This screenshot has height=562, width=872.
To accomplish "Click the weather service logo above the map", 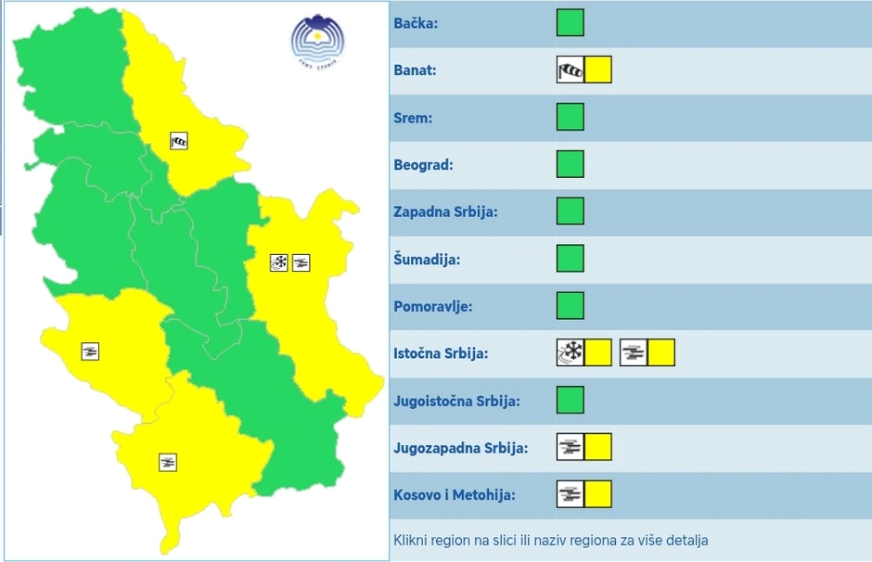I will pos(318,42).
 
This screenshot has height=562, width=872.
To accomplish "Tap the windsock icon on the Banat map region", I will pos(179,141).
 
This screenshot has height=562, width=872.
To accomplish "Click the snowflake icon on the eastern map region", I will pos(278,262).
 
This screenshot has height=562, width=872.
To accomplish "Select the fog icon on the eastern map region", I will pos(301,262).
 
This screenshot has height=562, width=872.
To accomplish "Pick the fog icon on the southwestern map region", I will pos(90,351).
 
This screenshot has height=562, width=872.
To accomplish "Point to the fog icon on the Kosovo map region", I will pos(168,461).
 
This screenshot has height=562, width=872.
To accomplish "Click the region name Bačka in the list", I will pos(416,22).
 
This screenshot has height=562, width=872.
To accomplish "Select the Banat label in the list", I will pos(415,70).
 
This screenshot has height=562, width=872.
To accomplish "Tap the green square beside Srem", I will pos(571,117).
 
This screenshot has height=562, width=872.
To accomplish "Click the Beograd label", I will pos(423,165).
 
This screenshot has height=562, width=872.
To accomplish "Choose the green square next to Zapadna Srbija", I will pos(571,211).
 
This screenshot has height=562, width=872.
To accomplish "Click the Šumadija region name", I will pos(427,260).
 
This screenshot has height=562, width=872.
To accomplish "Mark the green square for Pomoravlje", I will pos(571,305).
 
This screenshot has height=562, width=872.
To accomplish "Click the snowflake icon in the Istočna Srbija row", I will pos(571,352).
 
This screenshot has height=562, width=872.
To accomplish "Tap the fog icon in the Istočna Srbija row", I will pos(634,352).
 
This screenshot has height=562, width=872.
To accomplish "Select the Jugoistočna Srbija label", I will pos(456,402).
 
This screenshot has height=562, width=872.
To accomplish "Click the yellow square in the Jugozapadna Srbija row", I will pos(598,447).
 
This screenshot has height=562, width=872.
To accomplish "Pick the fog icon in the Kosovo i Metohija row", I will pos(571,494).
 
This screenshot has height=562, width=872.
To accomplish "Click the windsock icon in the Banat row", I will pos(571,70).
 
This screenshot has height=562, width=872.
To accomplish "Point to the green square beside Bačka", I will pos(571,22).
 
